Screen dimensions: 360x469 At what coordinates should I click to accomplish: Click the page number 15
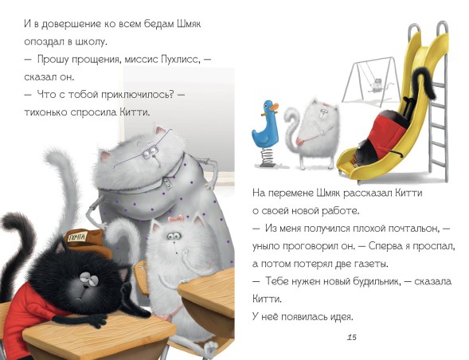click(x=351, y=338)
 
